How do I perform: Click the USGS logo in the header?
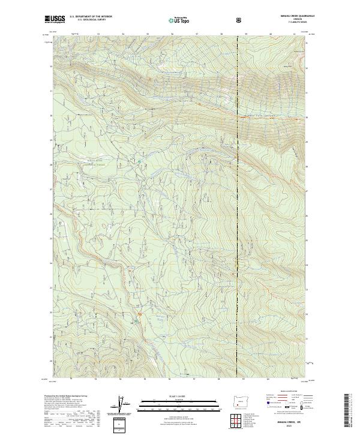pos(55,19)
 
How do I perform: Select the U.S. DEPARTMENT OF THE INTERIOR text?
pos(91,17)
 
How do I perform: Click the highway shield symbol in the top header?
pos(240,20)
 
